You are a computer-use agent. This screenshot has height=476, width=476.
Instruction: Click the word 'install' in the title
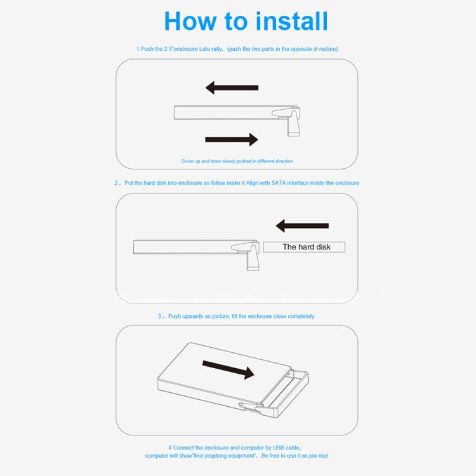[292, 21]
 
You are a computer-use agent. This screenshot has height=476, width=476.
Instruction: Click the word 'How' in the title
[190, 21]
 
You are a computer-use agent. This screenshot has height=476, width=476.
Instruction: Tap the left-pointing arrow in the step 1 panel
[232, 88]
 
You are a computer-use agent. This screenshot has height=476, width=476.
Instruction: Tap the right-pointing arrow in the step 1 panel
[232, 140]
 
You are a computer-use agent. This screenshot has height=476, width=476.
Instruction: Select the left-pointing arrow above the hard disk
[302, 225]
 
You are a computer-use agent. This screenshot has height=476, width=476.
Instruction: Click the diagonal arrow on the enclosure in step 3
[228, 369]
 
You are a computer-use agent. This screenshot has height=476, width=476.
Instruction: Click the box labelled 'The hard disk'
[304, 247]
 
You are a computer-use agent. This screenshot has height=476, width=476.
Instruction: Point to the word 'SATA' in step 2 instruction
[279, 183]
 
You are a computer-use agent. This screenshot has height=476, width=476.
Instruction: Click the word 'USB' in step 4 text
[279, 447]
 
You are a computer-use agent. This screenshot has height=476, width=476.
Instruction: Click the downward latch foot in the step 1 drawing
[294, 124]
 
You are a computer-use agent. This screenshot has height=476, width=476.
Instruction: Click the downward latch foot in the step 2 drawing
[253, 259]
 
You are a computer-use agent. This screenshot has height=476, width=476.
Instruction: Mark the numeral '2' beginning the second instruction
[116, 183]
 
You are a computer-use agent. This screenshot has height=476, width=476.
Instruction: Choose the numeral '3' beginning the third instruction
[160, 316]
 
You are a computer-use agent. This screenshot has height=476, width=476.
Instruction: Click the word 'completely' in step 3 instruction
[301, 316]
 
